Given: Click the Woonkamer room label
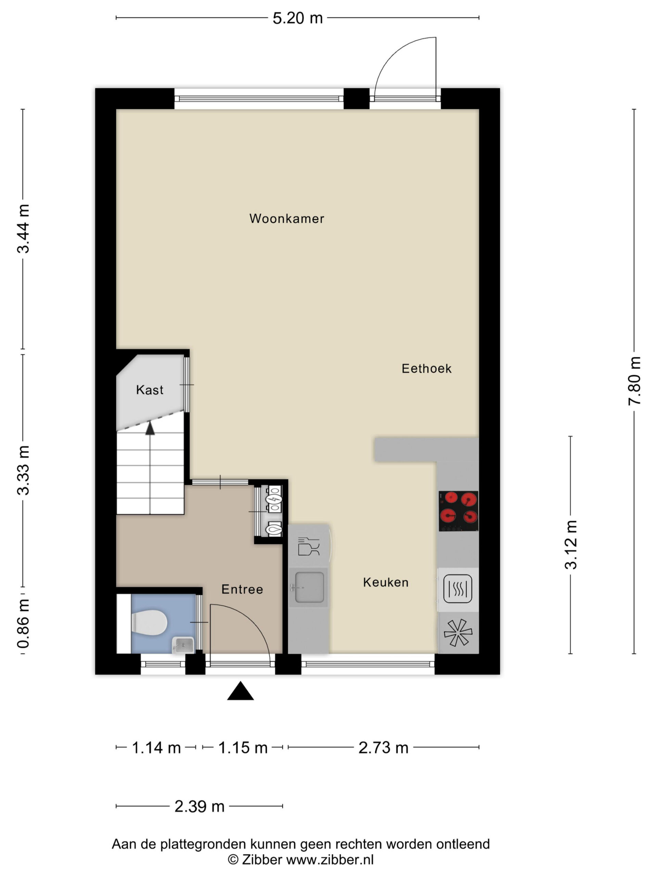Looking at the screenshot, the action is (286, 219).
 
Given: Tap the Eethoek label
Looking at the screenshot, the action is (426, 369).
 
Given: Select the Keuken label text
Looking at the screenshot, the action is (386, 582).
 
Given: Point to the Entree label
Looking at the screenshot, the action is (242, 589).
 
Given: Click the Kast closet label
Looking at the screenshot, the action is (150, 390).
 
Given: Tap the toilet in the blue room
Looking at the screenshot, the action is (149, 622).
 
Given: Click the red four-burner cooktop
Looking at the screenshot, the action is (458, 511).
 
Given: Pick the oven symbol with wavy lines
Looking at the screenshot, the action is (458, 589).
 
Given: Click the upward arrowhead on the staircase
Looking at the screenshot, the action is (150, 428).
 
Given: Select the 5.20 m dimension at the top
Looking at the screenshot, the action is (297, 18).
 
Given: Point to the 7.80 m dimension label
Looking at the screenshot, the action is (634, 381).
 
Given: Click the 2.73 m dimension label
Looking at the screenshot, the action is (383, 748).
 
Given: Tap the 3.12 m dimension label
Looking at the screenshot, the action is (571, 544).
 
